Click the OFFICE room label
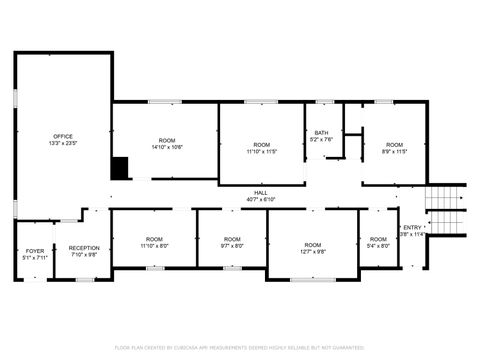click(x=63, y=136)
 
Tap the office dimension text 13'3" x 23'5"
click(x=63, y=143)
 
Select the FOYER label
click(x=35, y=250)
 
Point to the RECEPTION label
click(x=84, y=247)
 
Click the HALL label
click(x=260, y=192)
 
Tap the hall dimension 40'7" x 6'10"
click(x=260, y=199)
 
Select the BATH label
click(x=321, y=133)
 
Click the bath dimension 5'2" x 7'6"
click(x=321, y=140)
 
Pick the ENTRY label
click(x=412, y=227)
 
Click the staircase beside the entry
click(x=446, y=210)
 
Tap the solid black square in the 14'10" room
click(x=120, y=169)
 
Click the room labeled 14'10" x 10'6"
click(x=168, y=143)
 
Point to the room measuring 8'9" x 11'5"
click(x=395, y=148)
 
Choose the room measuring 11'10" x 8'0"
click(x=154, y=241)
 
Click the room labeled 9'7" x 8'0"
click(x=232, y=241)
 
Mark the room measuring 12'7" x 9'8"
click(x=313, y=248)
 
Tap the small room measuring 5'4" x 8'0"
click(x=378, y=241)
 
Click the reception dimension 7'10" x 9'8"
click(x=84, y=254)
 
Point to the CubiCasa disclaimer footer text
click(x=240, y=347)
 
